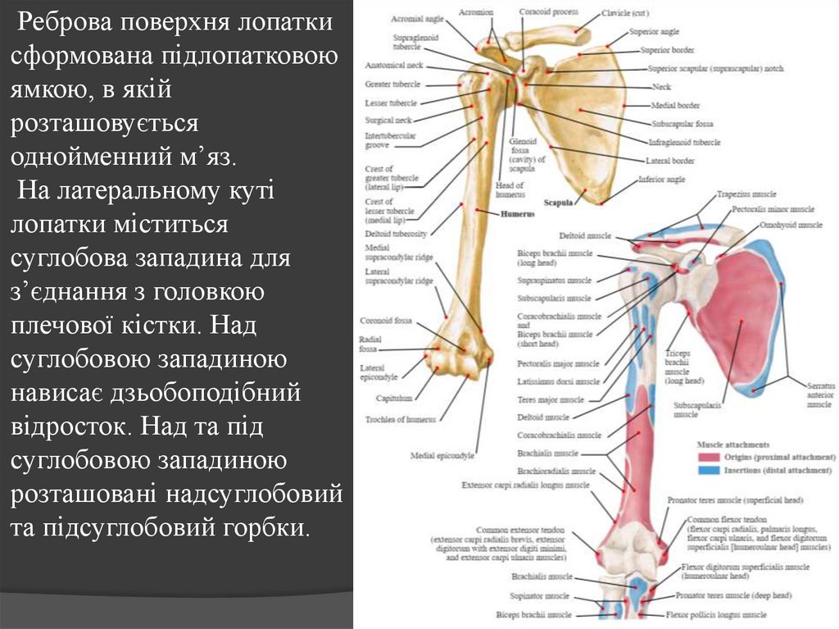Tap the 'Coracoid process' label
click(548, 12)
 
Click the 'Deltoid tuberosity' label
click(396, 234)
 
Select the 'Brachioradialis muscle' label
click(556, 472)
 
